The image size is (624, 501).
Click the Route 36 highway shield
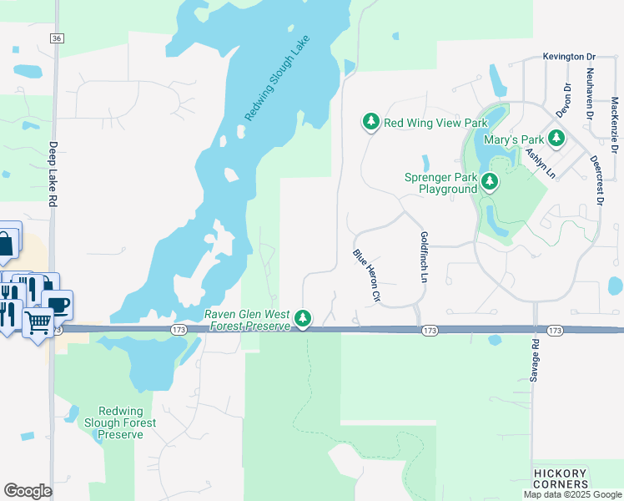pyautogui.click(x=57, y=38)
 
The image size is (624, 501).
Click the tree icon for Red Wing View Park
pyautogui.click(x=370, y=123)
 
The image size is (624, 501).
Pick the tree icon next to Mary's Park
pyautogui.click(x=556, y=139)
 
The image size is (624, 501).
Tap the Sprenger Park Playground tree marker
pyautogui.click(x=490, y=181)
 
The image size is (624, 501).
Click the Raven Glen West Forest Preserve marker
pyautogui.click(x=303, y=318)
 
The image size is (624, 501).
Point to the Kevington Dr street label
pyautogui.click(x=569, y=57)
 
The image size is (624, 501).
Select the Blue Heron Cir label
pyautogui.click(x=367, y=275)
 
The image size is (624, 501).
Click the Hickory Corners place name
pyautogui.click(x=561, y=479)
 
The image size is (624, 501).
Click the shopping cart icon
pyautogui.click(x=38, y=321)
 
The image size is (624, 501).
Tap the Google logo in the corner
pyautogui.click(x=28, y=491)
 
